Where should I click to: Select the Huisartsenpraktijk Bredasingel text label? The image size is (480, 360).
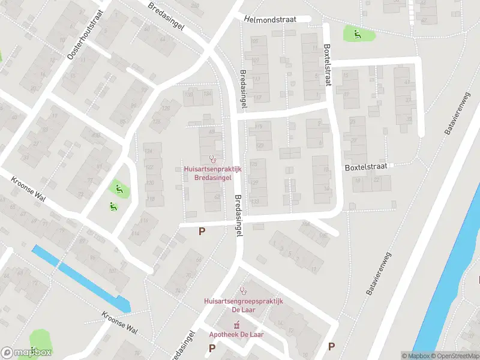coord(212,173)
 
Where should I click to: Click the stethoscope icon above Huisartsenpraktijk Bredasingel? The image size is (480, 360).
coord(212,159)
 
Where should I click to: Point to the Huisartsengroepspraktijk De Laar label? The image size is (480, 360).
coord(243,305)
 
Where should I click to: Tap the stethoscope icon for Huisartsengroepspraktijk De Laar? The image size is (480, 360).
coord(243,291)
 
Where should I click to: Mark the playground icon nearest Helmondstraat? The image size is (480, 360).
coord(358,34)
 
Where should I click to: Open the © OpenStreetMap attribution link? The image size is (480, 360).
coord(455,356)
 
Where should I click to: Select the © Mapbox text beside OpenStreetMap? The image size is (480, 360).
coord(415,356)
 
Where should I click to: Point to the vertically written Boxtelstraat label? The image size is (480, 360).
coord(328,64)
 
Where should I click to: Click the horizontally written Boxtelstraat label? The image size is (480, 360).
coord(365,166)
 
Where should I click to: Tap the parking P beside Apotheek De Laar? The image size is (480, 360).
coord(212,348)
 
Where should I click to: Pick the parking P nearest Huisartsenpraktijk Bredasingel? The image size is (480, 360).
coord(202,231)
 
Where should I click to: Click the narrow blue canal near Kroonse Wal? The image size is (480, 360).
coord(81,279)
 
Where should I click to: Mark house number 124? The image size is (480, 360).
coord(149,150)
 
